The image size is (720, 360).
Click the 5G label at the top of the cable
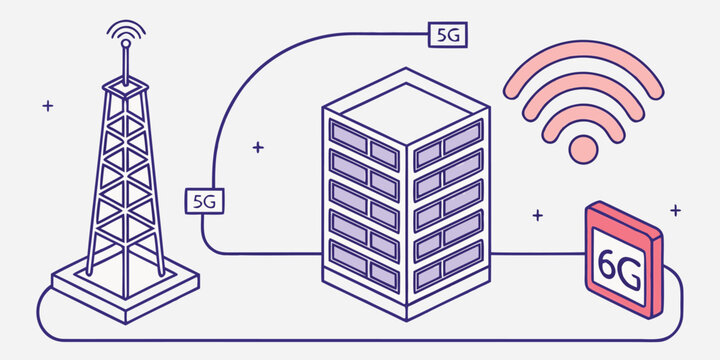point(448,34)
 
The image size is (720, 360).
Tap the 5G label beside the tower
point(206,200)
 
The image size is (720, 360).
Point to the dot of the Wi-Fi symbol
point(582,150)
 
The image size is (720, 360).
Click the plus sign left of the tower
point(48,105)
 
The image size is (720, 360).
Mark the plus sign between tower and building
point(258,147)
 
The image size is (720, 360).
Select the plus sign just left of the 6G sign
point(538,214)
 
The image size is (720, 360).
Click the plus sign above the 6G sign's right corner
point(676,210)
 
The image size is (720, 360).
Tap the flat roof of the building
point(405,104)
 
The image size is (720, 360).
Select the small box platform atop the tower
point(125,88)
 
